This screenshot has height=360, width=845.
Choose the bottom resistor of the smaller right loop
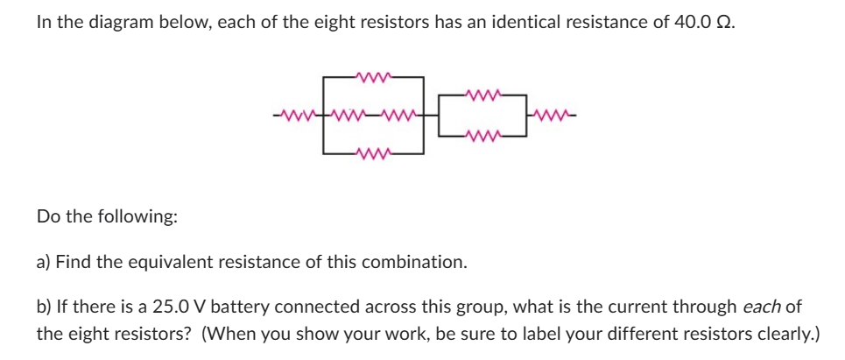(484, 135)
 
